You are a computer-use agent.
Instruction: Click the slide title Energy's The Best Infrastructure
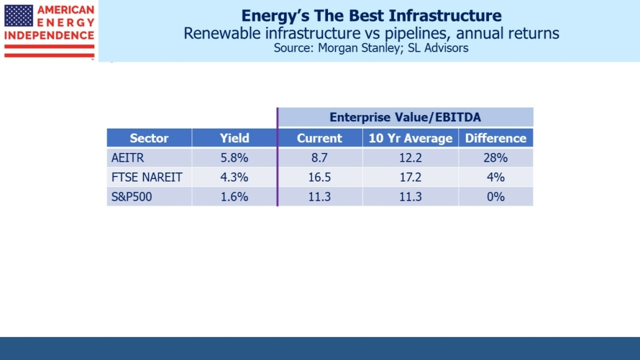pyautogui.click(x=371, y=16)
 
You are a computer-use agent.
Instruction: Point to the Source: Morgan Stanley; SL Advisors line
pyautogui.click(x=371, y=48)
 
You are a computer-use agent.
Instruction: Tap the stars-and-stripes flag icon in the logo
pyautogui.click(x=19, y=16)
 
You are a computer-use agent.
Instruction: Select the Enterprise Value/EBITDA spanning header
pyautogui.click(x=405, y=117)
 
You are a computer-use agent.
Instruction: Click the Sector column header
pyautogui.click(x=149, y=138)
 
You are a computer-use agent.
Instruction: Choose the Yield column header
pyautogui.click(x=234, y=138)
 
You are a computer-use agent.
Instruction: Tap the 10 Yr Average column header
pyautogui.click(x=411, y=138)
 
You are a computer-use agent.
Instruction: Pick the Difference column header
pyautogui.click(x=495, y=138)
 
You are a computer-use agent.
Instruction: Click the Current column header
pyautogui.click(x=319, y=138)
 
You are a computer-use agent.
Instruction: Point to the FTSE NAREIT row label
pyautogui.click(x=147, y=177)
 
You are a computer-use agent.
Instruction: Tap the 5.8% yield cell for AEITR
pyautogui.click(x=234, y=158)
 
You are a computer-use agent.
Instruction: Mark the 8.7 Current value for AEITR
pyautogui.click(x=319, y=158)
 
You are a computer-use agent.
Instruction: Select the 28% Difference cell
pyautogui.click(x=495, y=158)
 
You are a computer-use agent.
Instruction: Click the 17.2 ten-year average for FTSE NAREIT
pyautogui.click(x=411, y=177)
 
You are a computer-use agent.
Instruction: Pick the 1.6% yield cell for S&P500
pyautogui.click(x=234, y=196)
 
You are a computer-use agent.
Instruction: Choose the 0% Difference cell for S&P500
pyautogui.click(x=495, y=196)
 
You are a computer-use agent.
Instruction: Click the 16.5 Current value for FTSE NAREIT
pyautogui.click(x=319, y=177)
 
